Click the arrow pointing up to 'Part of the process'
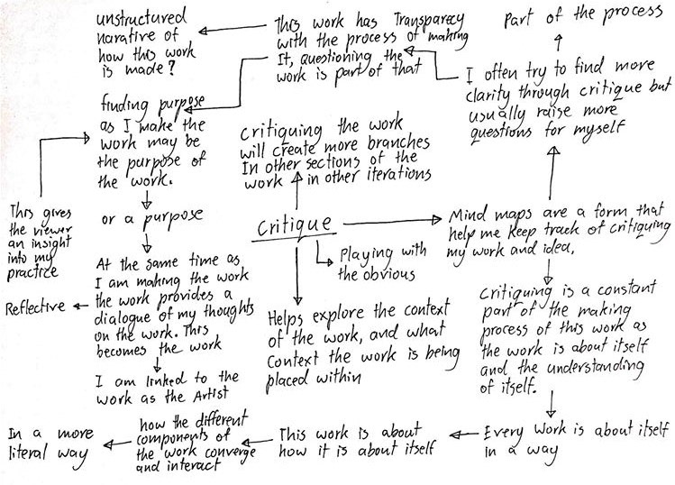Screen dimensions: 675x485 click(x=559, y=41)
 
